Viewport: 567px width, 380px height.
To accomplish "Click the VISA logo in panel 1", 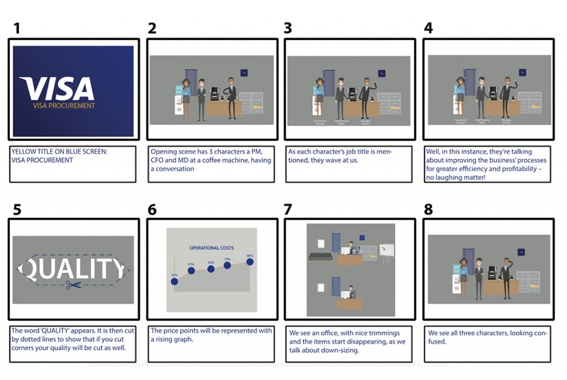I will [x=57, y=88].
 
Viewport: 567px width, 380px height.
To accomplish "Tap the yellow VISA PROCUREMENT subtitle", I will [x=64, y=106].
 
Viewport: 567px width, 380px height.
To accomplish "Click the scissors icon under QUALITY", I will [x=72, y=285].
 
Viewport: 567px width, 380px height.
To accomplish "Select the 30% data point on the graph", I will [x=174, y=281].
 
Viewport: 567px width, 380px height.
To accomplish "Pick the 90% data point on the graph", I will [x=250, y=261].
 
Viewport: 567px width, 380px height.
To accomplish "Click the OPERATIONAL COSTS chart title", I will [x=212, y=248].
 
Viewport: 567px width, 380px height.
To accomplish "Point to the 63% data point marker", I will [x=191, y=270].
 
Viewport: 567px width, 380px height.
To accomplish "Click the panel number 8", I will [x=429, y=210].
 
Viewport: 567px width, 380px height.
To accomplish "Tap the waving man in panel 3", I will [x=365, y=96].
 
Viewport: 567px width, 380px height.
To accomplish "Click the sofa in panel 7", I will [x=321, y=257].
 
